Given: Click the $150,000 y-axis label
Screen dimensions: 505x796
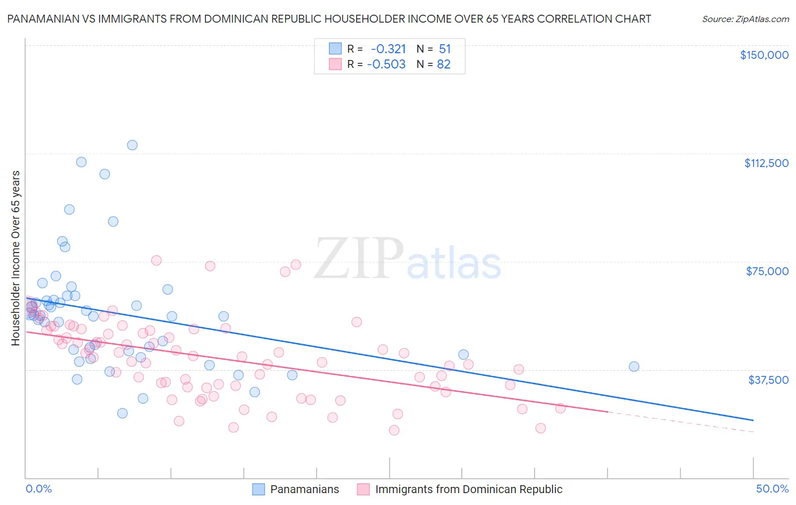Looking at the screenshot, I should (764, 55).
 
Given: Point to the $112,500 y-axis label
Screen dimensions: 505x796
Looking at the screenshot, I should (766, 163).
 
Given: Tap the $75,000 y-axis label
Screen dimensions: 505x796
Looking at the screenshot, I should (767, 271).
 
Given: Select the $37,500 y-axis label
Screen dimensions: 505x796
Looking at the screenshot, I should (768, 380).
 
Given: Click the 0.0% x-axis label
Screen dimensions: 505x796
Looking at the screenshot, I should (38, 489).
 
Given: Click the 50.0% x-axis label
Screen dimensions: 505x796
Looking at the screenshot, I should (772, 489).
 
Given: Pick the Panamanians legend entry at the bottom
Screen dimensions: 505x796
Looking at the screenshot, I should (304, 489).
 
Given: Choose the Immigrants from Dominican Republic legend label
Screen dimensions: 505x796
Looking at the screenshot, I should (468, 489).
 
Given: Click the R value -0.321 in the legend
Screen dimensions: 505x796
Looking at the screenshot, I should (388, 49).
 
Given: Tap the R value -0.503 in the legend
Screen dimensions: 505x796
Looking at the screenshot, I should (386, 65).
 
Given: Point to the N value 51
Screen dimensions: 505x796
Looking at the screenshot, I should (444, 49).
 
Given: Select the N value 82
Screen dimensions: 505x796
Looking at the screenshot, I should (444, 65).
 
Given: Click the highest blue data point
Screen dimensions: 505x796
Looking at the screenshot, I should (132, 145).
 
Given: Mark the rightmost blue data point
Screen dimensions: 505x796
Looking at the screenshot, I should (634, 366).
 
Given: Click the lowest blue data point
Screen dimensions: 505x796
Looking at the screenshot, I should (122, 413).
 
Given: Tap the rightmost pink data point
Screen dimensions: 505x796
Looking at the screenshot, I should (560, 408).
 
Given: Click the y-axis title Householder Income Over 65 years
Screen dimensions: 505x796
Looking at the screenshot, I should (15, 258).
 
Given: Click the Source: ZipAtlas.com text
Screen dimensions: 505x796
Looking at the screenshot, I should (745, 19).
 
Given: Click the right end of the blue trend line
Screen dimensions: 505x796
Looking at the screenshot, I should (753, 420).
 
